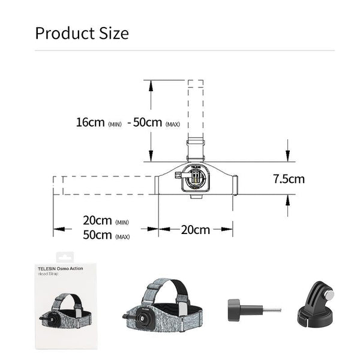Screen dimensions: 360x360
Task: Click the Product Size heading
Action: [x=82, y=32]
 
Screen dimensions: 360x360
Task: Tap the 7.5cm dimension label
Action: [x=289, y=179]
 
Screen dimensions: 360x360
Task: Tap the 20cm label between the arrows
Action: [x=196, y=229]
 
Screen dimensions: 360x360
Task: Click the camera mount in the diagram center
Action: [x=195, y=179]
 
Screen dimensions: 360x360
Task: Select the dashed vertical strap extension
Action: [x=196, y=108]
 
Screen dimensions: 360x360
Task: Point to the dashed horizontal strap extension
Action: [x=105, y=185]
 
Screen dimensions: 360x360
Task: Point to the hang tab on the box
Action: [x=64, y=256]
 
